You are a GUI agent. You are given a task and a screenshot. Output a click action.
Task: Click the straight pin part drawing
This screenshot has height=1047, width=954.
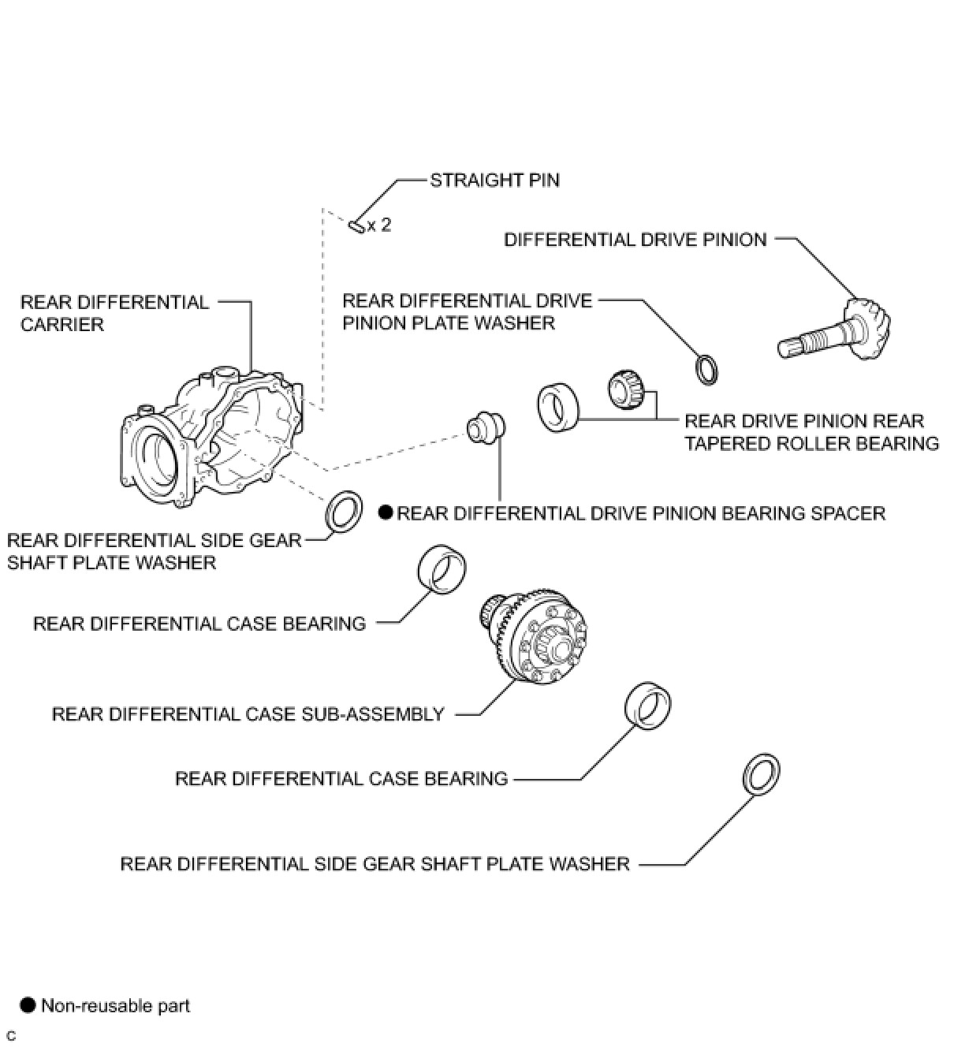356,226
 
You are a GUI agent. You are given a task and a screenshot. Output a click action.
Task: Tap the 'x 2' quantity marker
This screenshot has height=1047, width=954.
379,225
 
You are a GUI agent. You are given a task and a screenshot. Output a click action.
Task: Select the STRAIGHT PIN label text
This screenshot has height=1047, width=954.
494,180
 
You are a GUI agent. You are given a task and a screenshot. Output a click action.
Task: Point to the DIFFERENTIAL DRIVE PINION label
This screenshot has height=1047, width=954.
635,240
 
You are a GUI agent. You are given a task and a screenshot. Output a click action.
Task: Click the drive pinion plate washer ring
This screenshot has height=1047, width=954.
706,370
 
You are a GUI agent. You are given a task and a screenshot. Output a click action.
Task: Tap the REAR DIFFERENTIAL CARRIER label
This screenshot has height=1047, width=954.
114,313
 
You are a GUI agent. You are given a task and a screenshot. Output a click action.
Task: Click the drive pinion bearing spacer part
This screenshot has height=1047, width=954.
485,427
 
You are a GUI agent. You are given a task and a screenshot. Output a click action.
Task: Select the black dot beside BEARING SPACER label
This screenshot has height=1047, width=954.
386,513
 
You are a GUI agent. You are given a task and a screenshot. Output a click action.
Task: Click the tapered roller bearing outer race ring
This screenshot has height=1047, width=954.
557,407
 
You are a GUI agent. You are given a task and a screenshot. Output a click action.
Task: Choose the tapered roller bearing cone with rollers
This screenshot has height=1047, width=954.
627,389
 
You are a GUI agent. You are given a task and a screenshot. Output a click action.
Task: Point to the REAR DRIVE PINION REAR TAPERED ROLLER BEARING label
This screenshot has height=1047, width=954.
811,432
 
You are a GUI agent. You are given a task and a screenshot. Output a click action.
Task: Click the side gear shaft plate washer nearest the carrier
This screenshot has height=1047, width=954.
344,510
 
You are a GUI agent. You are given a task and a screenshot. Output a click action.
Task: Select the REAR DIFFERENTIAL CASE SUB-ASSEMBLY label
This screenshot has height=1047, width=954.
248,714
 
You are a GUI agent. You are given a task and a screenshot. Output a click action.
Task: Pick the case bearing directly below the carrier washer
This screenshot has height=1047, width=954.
442,568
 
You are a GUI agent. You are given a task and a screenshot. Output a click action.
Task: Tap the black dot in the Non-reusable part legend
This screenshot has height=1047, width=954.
27,1005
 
